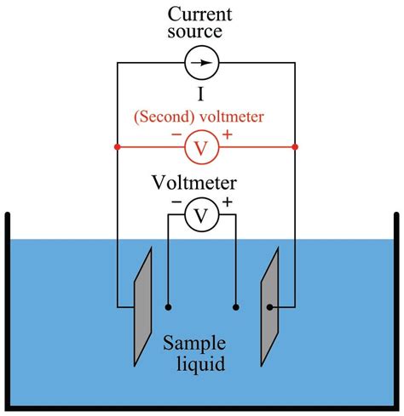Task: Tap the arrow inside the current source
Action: [x=202, y=63]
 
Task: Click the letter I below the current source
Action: [x=201, y=94]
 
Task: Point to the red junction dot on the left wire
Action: [x=117, y=147]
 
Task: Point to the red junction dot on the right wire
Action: [x=295, y=147]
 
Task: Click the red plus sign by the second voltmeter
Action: [x=228, y=134]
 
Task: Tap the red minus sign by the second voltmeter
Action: [x=176, y=134]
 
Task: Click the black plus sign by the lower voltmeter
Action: [x=228, y=202]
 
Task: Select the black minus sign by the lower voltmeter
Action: [x=176, y=202]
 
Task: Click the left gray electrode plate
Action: [x=143, y=307]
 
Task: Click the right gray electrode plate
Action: [x=270, y=307]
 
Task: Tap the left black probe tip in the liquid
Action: [x=168, y=307]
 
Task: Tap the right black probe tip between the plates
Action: [x=236, y=307]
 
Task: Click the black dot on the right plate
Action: [x=269, y=307]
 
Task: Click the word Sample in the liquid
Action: [x=194, y=344]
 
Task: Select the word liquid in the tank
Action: [x=201, y=364]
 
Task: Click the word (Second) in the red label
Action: [x=165, y=117]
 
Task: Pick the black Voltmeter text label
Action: [x=194, y=183]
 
